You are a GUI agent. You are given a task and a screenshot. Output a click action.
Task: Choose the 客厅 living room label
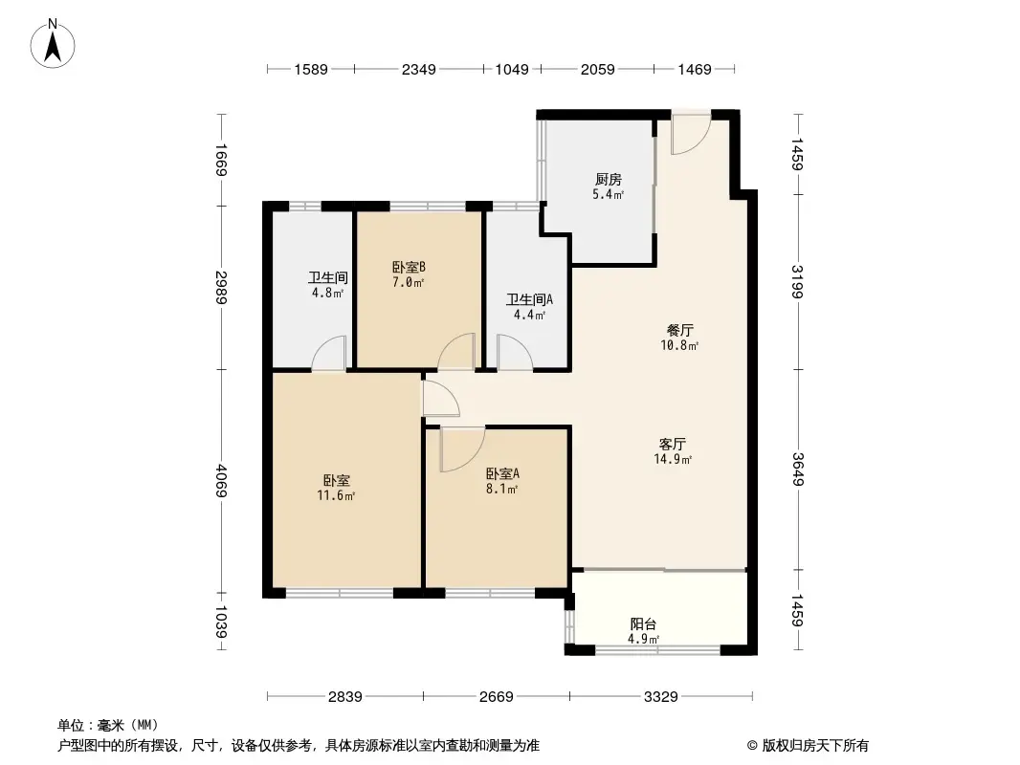point(674,444)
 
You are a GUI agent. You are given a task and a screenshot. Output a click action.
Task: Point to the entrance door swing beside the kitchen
point(689,135)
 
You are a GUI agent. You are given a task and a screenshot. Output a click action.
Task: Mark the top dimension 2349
point(419,69)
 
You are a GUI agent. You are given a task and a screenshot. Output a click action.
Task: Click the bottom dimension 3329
point(659,696)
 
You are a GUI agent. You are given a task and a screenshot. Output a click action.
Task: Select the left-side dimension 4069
point(221,481)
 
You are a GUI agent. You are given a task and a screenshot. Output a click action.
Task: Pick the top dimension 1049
point(511,69)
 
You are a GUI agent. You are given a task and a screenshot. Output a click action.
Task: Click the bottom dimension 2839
point(344,696)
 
